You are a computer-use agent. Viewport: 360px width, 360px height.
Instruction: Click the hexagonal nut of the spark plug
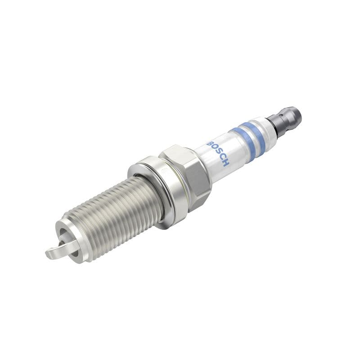point(184,173)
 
